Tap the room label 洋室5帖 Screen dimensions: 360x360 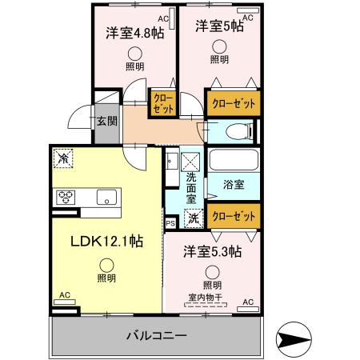click(219, 26)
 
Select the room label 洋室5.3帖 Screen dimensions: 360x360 click(212, 251)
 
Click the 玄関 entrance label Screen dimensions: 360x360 click(106, 122)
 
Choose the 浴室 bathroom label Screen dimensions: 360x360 click(234, 185)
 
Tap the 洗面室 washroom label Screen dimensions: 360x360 click(191, 186)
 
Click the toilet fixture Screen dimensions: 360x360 click(238, 131)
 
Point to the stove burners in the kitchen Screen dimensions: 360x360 click(66, 197)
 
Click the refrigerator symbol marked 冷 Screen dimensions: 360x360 click(63, 159)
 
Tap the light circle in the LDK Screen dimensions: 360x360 click(106, 263)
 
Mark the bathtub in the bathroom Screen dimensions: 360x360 click(233, 159)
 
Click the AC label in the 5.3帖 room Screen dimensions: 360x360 click(248, 302)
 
